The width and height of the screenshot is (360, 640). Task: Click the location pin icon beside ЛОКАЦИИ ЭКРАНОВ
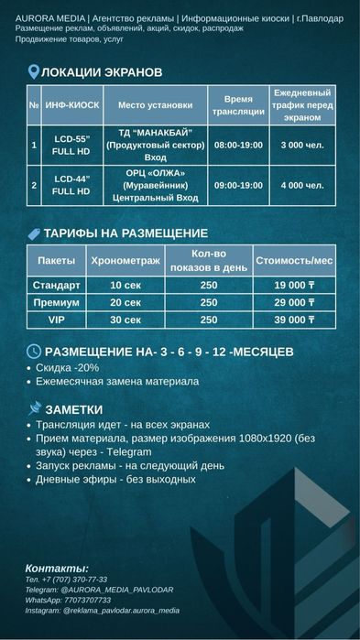[x=34, y=71]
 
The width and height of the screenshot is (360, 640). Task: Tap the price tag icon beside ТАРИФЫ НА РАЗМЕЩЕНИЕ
[x=34, y=233]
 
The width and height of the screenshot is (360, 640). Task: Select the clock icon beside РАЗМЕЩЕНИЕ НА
[x=34, y=351]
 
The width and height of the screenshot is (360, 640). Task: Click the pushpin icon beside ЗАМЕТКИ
[x=35, y=408]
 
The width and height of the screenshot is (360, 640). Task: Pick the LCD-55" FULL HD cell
[x=71, y=145]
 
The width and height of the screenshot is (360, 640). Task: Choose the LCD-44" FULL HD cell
[x=71, y=185]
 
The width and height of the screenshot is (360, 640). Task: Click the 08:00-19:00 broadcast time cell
[x=237, y=145]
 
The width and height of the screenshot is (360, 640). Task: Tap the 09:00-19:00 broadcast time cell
[x=237, y=185]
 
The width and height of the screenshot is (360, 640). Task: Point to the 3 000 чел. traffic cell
[x=302, y=145]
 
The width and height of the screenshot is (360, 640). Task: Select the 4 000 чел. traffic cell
[x=302, y=185]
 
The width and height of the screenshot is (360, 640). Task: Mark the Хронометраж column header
[x=125, y=261]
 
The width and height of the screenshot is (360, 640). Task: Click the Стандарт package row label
[x=57, y=285]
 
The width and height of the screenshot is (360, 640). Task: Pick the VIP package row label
[x=57, y=320]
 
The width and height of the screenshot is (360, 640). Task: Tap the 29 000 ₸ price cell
[x=295, y=302]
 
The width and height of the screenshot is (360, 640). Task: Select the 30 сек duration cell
[x=125, y=320]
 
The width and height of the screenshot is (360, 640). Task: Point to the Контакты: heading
[x=57, y=568]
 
